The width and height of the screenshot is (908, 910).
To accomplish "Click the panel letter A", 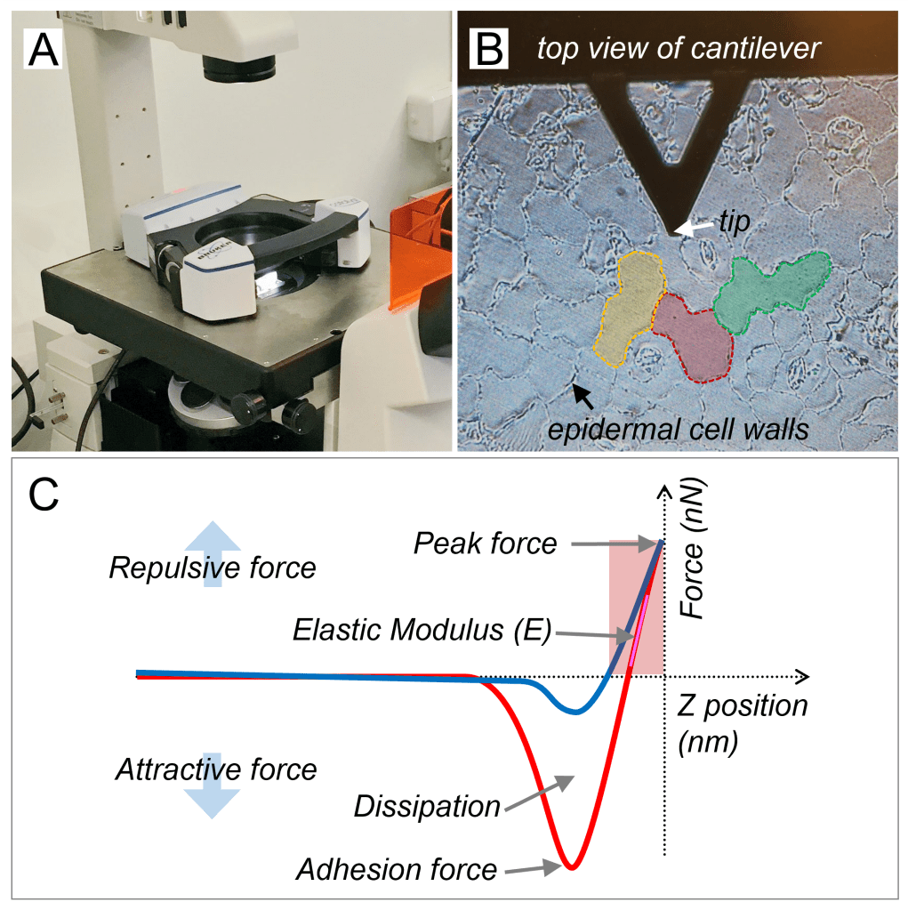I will tap(44, 50).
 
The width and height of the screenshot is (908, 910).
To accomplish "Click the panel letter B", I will tap(488, 50).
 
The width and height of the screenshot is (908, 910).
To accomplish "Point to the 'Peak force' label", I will tap(485, 543).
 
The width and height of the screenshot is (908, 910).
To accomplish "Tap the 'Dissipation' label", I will tap(427, 807).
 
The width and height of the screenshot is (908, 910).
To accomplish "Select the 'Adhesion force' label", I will tap(397, 867).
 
